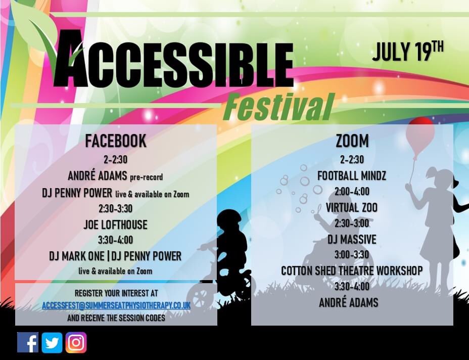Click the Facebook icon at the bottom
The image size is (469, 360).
tap(28, 342)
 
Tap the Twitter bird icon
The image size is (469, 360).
tap(52, 342)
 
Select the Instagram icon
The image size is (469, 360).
tap(76, 342)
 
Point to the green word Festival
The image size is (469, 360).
tap(278, 107)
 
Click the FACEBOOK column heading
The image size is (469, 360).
tap(116, 141)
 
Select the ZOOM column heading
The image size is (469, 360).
tap(352, 141)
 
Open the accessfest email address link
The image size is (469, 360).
tap(116, 305)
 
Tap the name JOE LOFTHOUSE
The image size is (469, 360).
tap(116, 224)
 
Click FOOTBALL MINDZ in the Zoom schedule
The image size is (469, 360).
tap(352, 175)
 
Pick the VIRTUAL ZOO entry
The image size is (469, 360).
tap(352, 207)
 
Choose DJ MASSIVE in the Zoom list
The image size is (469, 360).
tap(352, 239)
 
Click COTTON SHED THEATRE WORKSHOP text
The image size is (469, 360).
tap(352, 271)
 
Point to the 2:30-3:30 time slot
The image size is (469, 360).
tap(116, 208)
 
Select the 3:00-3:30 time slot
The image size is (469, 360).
tap(352, 255)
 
